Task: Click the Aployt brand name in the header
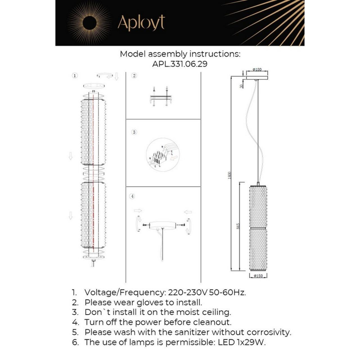(141, 23)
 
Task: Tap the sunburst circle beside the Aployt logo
(89, 23)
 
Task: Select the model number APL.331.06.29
(180, 64)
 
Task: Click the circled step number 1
(75, 76)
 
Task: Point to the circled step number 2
(134, 76)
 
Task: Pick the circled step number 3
(134, 132)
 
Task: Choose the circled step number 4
(133, 196)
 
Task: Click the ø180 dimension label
(257, 69)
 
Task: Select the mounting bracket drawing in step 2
(160, 98)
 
